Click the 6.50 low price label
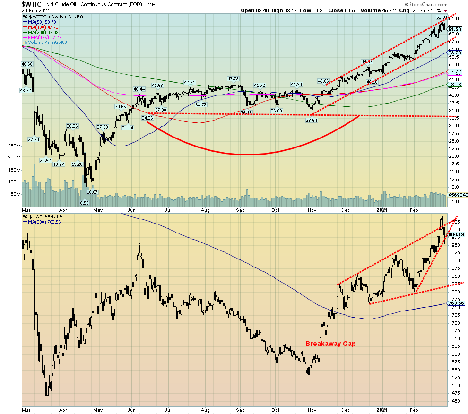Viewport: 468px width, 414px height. [84, 203]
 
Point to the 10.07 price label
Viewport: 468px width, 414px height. [92, 192]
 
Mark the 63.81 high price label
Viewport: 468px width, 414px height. [441, 17]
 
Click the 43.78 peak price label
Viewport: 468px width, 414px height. [234, 78]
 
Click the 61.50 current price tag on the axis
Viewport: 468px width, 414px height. [454, 29]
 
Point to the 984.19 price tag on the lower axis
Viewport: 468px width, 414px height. [455, 234]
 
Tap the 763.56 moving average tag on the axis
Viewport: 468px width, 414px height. [455, 303]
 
